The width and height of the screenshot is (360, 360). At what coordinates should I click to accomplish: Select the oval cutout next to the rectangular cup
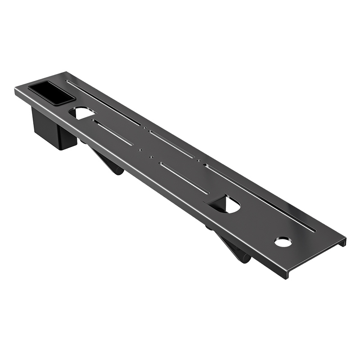(x=82, y=112)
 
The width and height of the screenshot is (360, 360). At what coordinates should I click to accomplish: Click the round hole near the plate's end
(x=283, y=243)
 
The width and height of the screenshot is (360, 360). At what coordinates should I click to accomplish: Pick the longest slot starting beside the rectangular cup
(x=103, y=102)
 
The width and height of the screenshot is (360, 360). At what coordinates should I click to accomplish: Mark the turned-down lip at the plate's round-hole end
(x=315, y=261)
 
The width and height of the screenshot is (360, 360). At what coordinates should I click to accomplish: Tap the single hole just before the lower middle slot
(x=151, y=157)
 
